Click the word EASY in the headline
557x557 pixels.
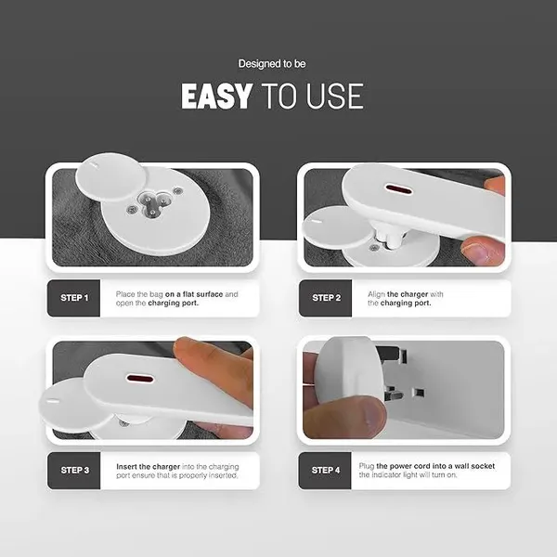tap(216, 97)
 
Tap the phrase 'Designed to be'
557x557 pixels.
tap(272, 64)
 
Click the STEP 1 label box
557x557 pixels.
tap(74, 298)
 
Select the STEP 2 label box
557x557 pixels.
tap(326, 298)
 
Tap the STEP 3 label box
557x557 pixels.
tap(74, 471)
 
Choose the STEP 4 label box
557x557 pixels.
tap(325, 471)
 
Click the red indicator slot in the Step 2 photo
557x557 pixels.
tap(399, 189)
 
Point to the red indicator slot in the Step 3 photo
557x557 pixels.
tap(140, 379)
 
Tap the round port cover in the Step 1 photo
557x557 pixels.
tap(111, 177)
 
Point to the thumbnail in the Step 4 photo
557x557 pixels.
tap(369, 414)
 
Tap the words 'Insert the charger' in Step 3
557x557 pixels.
tap(149, 467)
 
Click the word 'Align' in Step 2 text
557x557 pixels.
tap(376, 294)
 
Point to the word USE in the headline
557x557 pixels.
tap(334, 97)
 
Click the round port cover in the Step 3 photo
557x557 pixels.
tap(71, 403)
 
